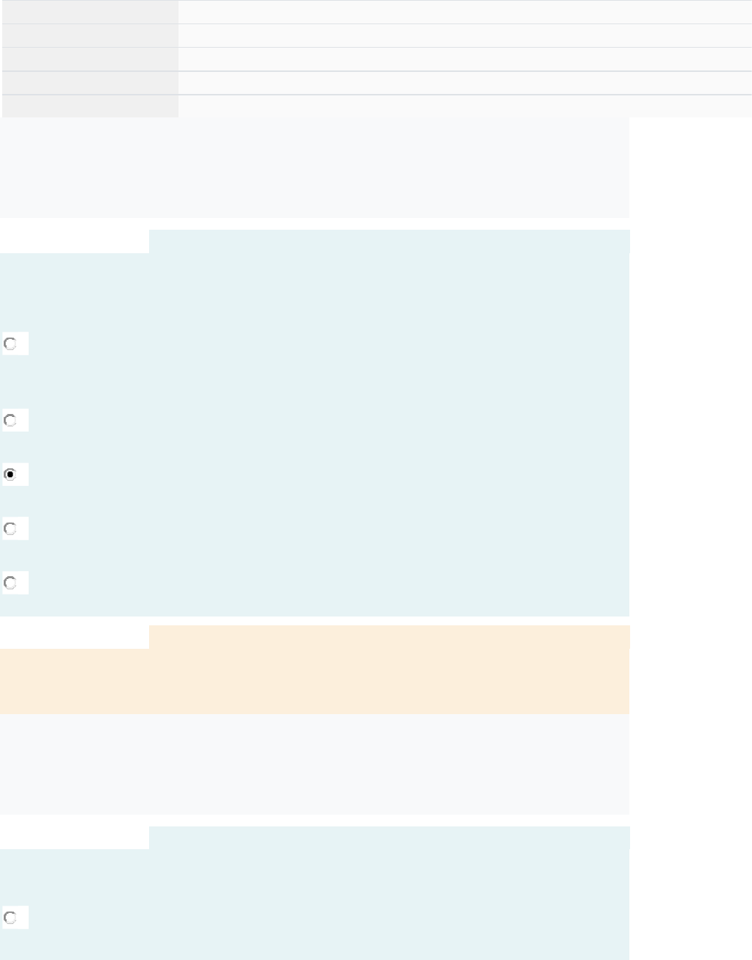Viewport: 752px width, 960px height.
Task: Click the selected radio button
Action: pyautogui.click(x=10, y=475)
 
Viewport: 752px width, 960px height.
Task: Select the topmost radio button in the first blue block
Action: pyautogui.click(x=10, y=343)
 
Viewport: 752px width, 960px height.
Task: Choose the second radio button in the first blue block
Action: pyautogui.click(x=10, y=421)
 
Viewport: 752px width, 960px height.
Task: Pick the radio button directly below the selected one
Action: pyautogui.click(x=10, y=528)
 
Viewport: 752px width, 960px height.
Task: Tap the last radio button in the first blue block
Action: pyautogui.click(x=10, y=583)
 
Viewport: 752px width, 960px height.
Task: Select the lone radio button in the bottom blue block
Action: pyautogui.click(x=10, y=917)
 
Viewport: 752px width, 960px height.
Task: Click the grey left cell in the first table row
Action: pyautogui.click(x=90, y=12)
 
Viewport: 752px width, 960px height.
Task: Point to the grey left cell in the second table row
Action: pyautogui.click(x=90, y=35)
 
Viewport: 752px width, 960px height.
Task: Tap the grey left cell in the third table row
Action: pyautogui.click(x=90, y=59)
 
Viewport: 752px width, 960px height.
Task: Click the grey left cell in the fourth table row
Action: pyautogui.click(x=90, y=83)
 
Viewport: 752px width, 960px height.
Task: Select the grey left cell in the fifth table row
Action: pyautogui.click(x=90, y=106)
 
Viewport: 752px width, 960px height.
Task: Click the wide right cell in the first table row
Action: pyautogui.click(x=464, y=12)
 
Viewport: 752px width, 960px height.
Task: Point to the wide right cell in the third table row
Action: pyautogui.click(x=464, y=59)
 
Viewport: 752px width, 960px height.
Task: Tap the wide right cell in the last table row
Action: pyautogui.click(x=464, y=106)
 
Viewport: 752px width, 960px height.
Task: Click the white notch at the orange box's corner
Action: pyautogui.click(x=74, y=636)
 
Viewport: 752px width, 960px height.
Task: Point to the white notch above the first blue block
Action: pyautogui.click(x=74, y=241)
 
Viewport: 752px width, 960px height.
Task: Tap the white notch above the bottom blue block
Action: pyautogui.click(x=74, y=837)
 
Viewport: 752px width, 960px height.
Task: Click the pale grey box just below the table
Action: pyautogui.click(x=314, y=167)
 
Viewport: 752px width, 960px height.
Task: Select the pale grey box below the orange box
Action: pyautogui.click(x=314, y=764)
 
